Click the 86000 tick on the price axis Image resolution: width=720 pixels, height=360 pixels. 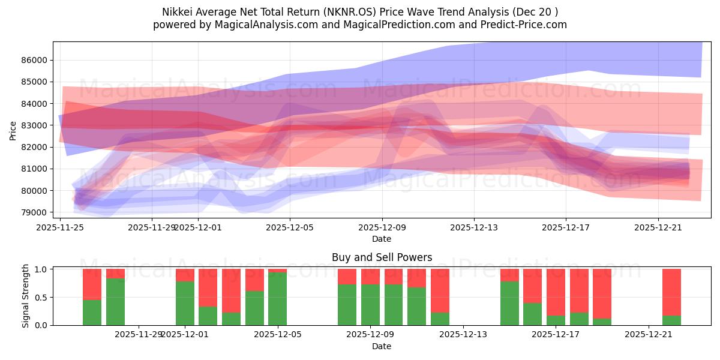click(37, 60)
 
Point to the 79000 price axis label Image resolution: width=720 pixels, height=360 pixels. click(37, 212)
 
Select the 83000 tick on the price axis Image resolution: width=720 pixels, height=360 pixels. click(37, 125)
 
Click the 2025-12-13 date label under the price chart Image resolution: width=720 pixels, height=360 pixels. click(474, 227)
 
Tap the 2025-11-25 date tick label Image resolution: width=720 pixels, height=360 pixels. click(60, 227)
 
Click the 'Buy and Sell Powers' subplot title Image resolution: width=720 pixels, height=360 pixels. click(382, 257)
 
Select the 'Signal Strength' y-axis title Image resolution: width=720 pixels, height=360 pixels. click(25, 297)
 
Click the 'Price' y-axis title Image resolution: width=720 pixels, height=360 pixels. click(13, 130)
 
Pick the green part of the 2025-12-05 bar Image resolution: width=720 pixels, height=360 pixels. click(277, 299)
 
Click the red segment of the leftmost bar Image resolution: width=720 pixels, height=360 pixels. click(92, 284)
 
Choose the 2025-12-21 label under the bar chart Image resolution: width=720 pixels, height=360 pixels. click(649, 334)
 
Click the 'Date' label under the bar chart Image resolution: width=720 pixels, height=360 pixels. click(382, 346)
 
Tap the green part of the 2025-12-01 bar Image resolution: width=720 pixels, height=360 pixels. click(185, 303)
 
